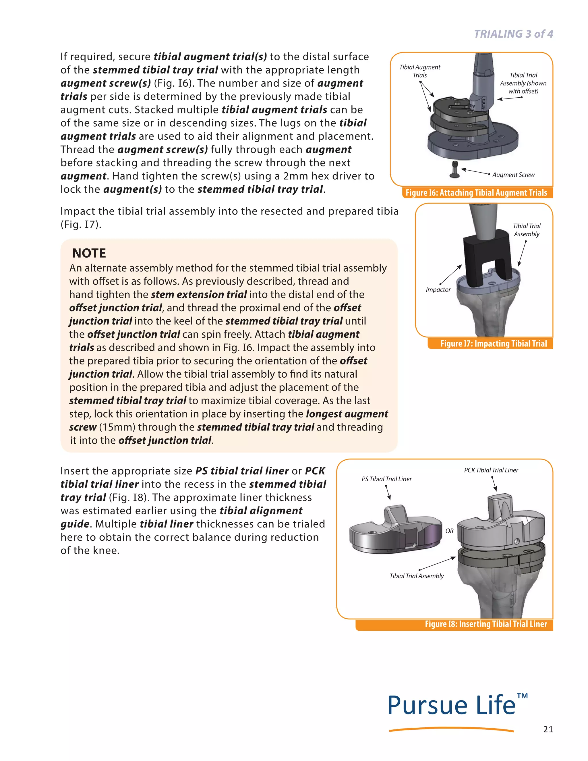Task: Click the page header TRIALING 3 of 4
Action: click(x=513, y=34)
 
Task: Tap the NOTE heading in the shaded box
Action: click(x=89, y=253)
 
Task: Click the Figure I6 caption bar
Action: click(x=476, y=193)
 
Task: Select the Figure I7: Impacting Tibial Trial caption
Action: click(x=493, y=343)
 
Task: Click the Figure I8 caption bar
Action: click(x=486, y=624)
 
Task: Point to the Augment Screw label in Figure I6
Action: click(x=513, y=175)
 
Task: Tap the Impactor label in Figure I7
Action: click(x=438, y=289)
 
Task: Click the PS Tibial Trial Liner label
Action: click(x=386, y=479)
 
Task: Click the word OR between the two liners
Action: click(x=449, y=531)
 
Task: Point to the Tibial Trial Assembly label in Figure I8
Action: click(x=417, y=576)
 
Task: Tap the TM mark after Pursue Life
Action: click(x=522, y=696)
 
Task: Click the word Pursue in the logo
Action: click(x=427, y=706)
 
